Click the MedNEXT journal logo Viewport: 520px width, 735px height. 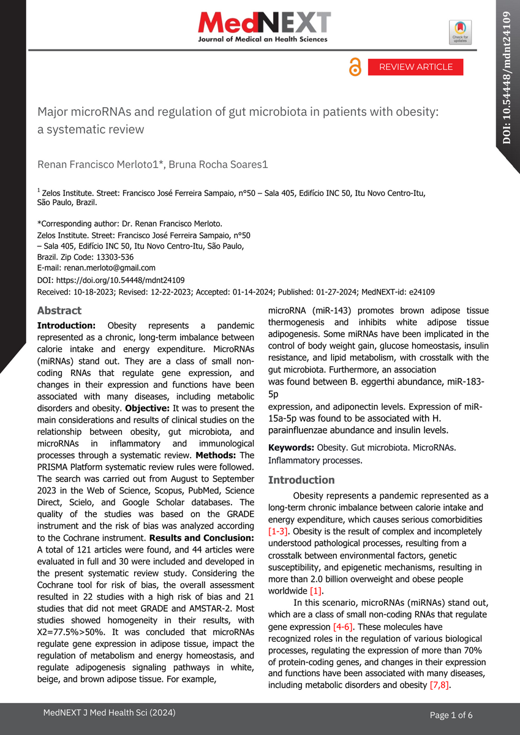[x=263, y=28]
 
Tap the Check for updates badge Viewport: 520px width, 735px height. [x=461, y=32]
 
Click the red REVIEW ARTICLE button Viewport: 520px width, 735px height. [x=415, y=67]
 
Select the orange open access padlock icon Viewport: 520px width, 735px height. [x=355, y=67]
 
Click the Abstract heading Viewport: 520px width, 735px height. [x=59, y=311]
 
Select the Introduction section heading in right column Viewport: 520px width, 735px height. [x=301, y=480]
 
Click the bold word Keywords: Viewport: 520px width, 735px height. [x=291, y=448]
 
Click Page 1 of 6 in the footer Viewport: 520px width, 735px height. [x=451, y=715]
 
